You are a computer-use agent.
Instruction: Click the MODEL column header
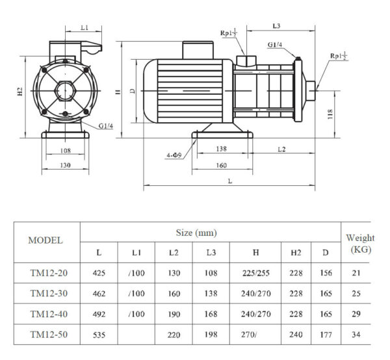[46, 240]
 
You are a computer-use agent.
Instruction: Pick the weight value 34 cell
[356, 335]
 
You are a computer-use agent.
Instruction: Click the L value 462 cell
[99, 293]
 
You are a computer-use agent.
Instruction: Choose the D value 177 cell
[325, 335]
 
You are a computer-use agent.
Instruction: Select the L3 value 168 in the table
[211, 314]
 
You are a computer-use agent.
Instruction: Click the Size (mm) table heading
[196, 232]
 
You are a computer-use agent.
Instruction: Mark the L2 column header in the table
[174, 252]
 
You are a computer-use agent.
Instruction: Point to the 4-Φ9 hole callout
[174, 155]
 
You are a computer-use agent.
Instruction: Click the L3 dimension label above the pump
[276, 25]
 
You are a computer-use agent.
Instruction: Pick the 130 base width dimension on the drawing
[65, 165]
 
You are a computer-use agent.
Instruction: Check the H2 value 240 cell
[296, 335]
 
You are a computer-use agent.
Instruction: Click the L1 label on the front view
[84, 29]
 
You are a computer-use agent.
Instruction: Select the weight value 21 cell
[356, 273]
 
